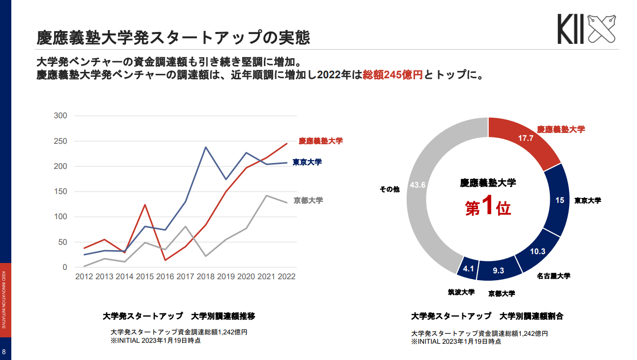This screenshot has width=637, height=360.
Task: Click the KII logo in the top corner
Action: (586, 29)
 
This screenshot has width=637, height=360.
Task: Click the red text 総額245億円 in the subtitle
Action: (392, 75)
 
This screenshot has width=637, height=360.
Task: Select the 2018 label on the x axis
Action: (205, 277)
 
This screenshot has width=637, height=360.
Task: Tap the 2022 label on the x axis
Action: (286, 277)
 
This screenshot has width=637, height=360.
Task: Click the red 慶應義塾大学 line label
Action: (320, 141)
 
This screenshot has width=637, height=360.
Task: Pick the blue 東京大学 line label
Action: (307, 162)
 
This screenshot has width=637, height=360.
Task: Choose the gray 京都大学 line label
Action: (308, 200)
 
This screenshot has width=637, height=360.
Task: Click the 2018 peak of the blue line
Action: (205, 147)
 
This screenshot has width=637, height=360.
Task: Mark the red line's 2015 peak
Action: (145, 205)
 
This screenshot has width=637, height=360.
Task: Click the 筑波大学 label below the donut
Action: (461, 292)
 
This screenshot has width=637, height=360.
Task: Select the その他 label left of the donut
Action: (389, 189)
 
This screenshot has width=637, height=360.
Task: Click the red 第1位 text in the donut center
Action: (488, 207)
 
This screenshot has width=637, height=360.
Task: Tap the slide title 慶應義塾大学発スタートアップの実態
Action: (173, 38)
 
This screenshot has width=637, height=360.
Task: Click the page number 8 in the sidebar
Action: (4, 352)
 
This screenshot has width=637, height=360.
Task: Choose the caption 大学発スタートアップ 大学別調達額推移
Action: (179, 316)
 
